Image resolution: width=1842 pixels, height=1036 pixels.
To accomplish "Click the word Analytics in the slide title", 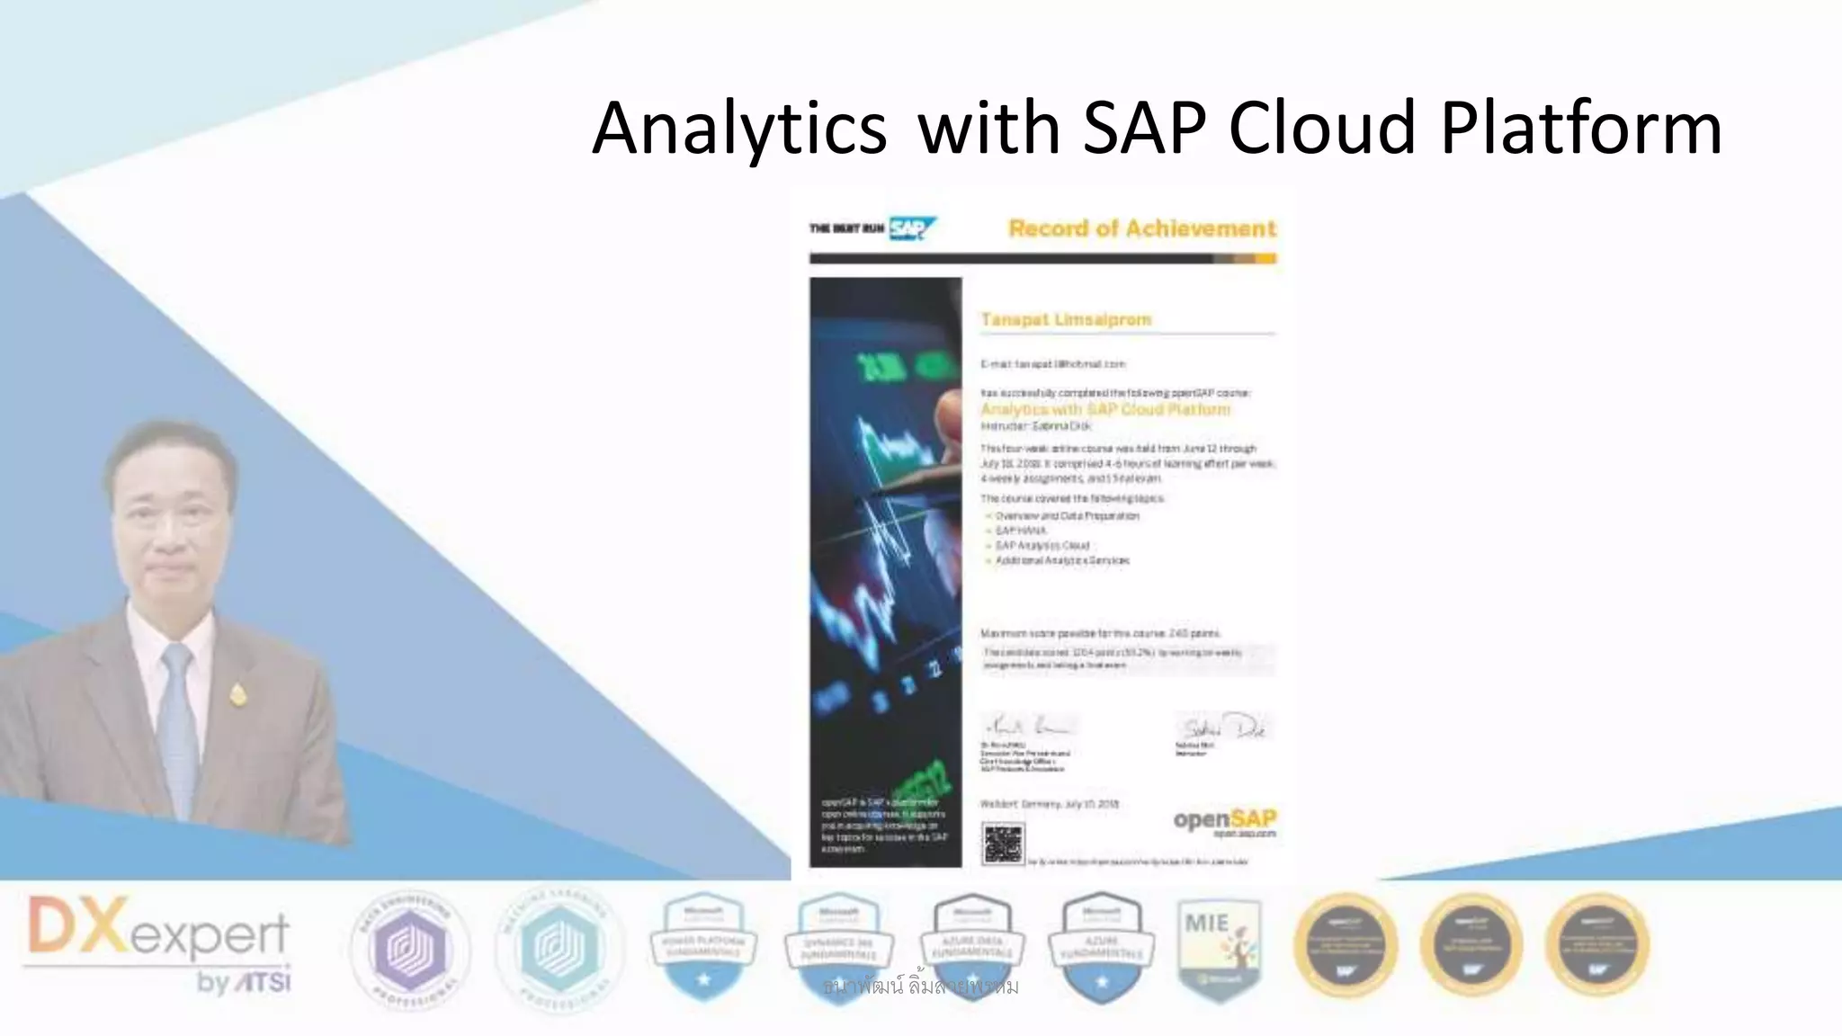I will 739,129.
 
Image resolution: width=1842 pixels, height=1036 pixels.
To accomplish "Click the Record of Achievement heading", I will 1141,228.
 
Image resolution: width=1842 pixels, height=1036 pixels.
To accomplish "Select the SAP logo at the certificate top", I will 911,228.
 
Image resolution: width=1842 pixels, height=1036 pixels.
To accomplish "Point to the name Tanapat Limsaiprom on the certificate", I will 1066,319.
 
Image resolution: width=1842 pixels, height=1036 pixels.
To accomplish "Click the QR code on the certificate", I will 1002,844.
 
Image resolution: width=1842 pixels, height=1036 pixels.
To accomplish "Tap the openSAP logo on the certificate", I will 1224,820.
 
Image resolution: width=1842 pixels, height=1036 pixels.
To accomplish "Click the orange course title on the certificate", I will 1104,409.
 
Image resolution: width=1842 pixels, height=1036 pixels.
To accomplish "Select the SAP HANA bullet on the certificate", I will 1020,531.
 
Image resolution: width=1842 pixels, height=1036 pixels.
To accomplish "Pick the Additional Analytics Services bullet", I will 1061,560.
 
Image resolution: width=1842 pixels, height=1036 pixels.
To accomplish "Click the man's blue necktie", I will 178,719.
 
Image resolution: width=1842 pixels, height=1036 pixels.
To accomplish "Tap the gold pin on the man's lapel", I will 237,693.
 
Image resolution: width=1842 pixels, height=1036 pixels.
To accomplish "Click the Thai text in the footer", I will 920,987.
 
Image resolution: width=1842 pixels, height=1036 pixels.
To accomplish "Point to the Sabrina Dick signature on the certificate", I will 1222,727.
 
